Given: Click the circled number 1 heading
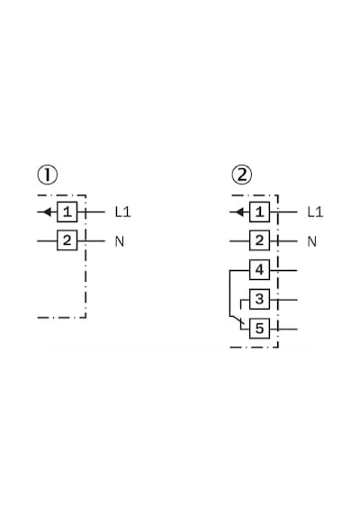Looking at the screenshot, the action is pos(47,175).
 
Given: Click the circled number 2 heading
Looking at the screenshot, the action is pos(242,175).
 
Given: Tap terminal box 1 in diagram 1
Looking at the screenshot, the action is pos(67,212).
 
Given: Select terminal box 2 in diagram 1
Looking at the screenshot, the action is pos(67,241).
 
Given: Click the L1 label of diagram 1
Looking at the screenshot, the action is pos(123,212).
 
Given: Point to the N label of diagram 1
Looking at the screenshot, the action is pos(120,241).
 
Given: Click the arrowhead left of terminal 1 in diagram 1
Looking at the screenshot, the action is pos(47,212).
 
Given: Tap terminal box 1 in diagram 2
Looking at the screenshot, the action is pos(259,212).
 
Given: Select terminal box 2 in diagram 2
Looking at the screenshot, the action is pos(259,241).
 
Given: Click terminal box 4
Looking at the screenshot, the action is pos(259,270).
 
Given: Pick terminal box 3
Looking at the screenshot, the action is pos(259,299).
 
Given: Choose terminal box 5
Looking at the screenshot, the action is pos(259,328).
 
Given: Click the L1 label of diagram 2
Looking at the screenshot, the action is pos(316,212).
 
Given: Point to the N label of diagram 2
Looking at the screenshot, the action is pos(312,241).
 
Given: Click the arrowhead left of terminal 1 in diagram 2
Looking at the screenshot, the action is pos(240,212).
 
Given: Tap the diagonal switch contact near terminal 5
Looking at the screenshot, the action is pos(237,320).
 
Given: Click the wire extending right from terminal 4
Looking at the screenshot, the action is pos(283,270).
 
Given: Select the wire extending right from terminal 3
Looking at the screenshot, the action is pos(283,300).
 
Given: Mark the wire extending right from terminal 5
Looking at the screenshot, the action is pos(283,328).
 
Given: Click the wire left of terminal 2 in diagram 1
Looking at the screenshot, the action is pos(47,241).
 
